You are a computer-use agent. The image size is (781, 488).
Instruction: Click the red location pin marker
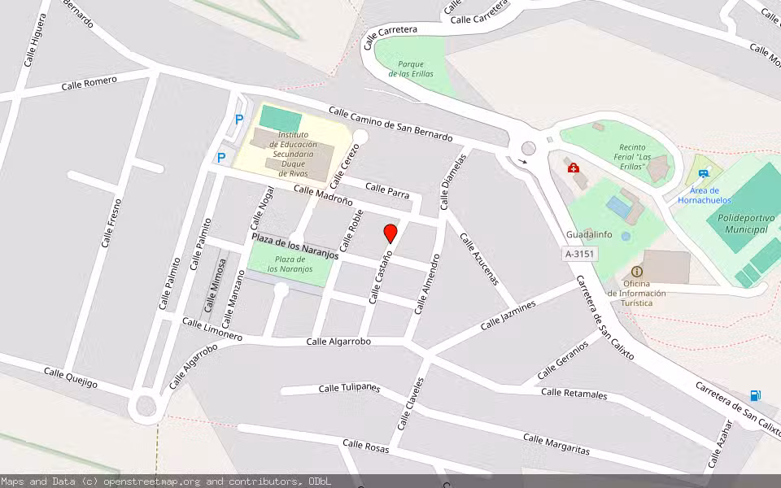click(x=390, y=233)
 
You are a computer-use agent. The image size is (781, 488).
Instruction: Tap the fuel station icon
click(x=756, y=396)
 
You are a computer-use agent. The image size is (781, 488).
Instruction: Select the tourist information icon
click(x=637, y=272)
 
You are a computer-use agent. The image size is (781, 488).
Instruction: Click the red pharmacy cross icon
click(x=574, y=168)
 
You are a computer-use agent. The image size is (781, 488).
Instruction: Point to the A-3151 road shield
click(x=581, y=255)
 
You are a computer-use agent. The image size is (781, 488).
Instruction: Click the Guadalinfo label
click(x=589, y=234)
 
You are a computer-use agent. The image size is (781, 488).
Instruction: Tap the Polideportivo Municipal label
click(x=736, y=223)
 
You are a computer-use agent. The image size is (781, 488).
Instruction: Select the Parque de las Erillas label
click(x=411, y=69)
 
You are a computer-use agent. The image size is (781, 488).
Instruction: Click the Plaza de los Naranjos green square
click(x=289, y=264)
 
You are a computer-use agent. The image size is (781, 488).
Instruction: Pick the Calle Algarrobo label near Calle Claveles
click(x=338, y=342)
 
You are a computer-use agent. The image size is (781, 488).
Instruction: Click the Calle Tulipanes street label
click(x=349, y=388)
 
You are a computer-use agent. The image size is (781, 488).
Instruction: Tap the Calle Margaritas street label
click(x=556, y=444)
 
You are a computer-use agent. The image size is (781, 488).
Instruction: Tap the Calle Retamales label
click(x=574, y=394)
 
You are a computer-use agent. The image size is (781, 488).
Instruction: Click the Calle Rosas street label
click(x=365, y=446)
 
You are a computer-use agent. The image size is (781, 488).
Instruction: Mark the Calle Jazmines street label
click(x=508, y=315)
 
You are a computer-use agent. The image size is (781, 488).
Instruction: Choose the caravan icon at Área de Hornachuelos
click(x=704, y=173)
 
